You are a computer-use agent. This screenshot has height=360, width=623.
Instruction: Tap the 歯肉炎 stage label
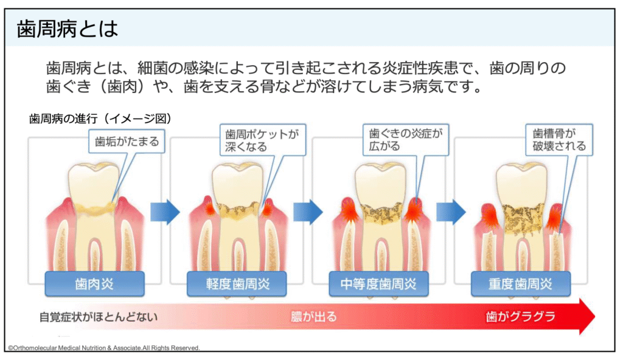94,283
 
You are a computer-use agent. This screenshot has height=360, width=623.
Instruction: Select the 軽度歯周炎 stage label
237,283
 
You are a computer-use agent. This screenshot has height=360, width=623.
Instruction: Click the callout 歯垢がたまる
127,142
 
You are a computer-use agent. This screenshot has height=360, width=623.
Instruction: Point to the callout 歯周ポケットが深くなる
262,140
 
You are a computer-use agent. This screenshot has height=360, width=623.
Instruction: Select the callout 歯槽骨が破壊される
559,140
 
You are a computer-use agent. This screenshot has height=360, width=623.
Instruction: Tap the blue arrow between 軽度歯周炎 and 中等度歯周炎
308,212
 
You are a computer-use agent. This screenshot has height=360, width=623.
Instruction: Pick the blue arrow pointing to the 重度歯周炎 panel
451,212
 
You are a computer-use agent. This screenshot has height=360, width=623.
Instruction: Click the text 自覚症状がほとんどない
97,317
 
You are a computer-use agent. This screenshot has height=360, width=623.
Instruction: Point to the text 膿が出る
314,317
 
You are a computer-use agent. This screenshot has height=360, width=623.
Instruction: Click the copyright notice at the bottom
103,348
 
